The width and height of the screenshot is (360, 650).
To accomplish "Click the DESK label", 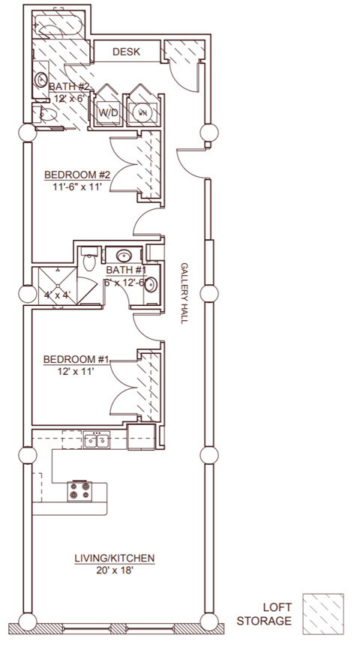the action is coord(127,52).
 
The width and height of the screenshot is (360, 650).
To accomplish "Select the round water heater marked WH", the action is coord(142,112).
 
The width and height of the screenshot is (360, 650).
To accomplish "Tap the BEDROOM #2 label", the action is coord(77,175).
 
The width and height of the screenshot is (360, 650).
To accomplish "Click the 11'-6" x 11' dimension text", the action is coord(77,187).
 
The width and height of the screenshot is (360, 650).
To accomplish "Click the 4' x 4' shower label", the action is coord(57,295).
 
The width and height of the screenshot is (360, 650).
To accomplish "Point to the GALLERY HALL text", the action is coord(184,292).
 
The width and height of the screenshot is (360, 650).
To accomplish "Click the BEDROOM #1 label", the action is coord(76,359).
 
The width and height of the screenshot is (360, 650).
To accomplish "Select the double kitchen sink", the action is coord(97,440).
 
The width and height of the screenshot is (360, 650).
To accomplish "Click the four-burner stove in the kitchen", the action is coord(80,492).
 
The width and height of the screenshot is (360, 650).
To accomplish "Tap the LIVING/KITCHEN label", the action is coord(115,558).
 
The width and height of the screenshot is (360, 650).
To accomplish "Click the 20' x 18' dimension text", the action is coord(114,571).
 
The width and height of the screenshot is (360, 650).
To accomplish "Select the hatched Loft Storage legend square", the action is coord(323,614).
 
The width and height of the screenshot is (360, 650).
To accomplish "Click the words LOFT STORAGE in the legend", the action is coord(264,614).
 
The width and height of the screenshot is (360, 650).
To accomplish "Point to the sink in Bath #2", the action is coord(40,79).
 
